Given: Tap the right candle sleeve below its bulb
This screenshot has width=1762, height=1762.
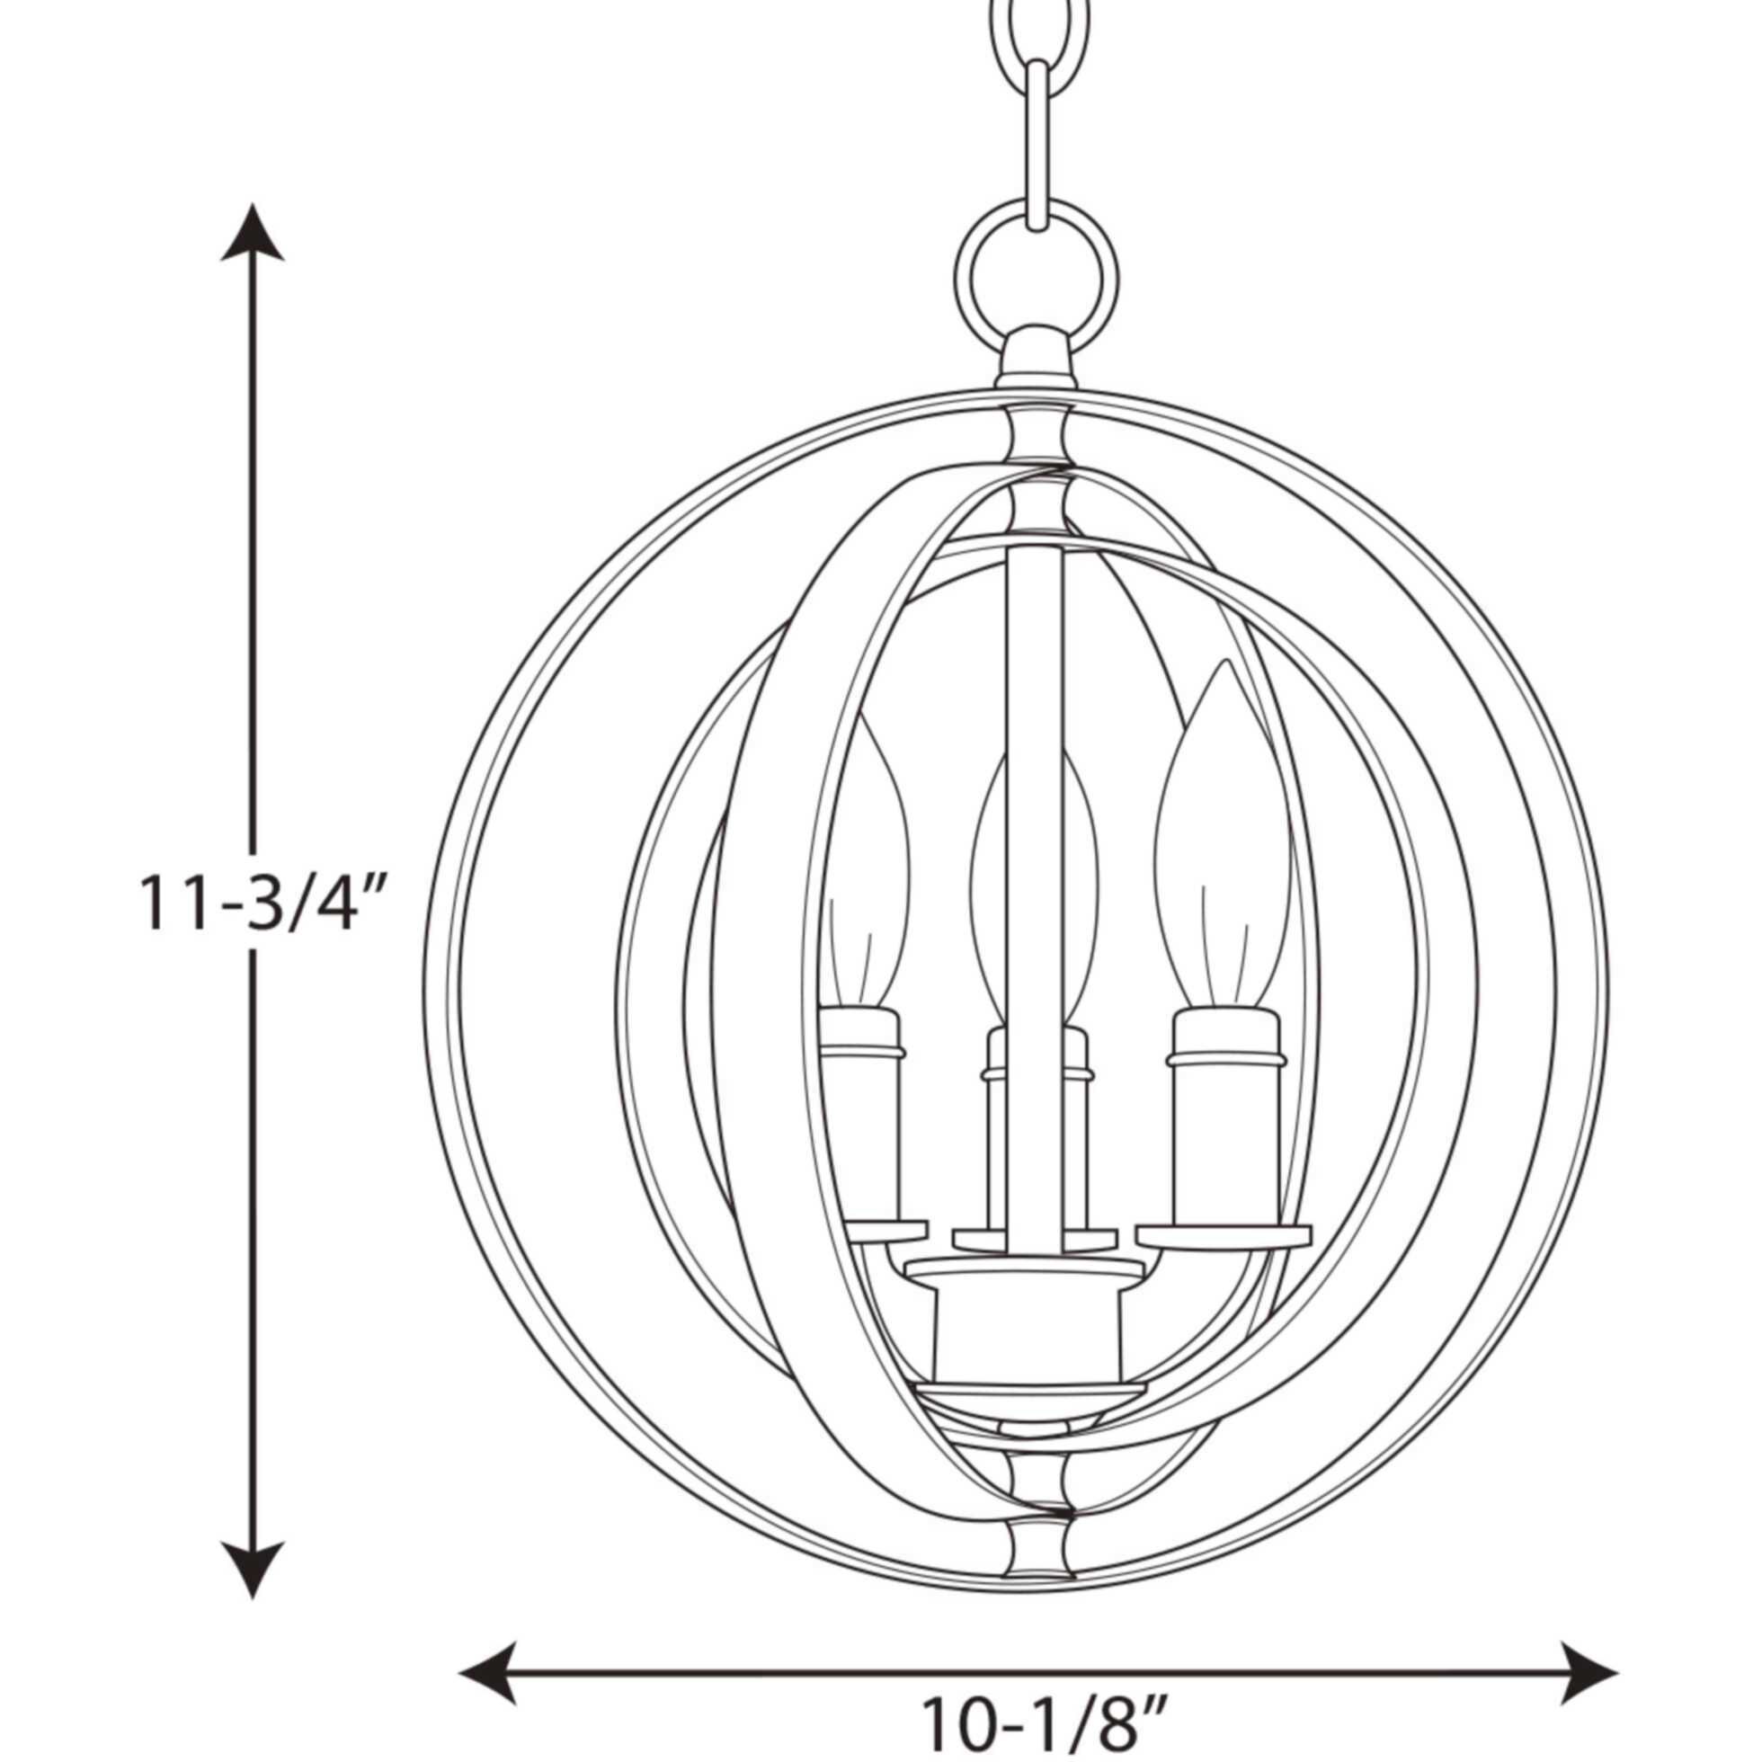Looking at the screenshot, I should pyautogui.click(x=1222, y=1140).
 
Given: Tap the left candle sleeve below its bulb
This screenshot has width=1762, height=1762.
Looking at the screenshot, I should pyautogui.click(x=862, y=1140).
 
